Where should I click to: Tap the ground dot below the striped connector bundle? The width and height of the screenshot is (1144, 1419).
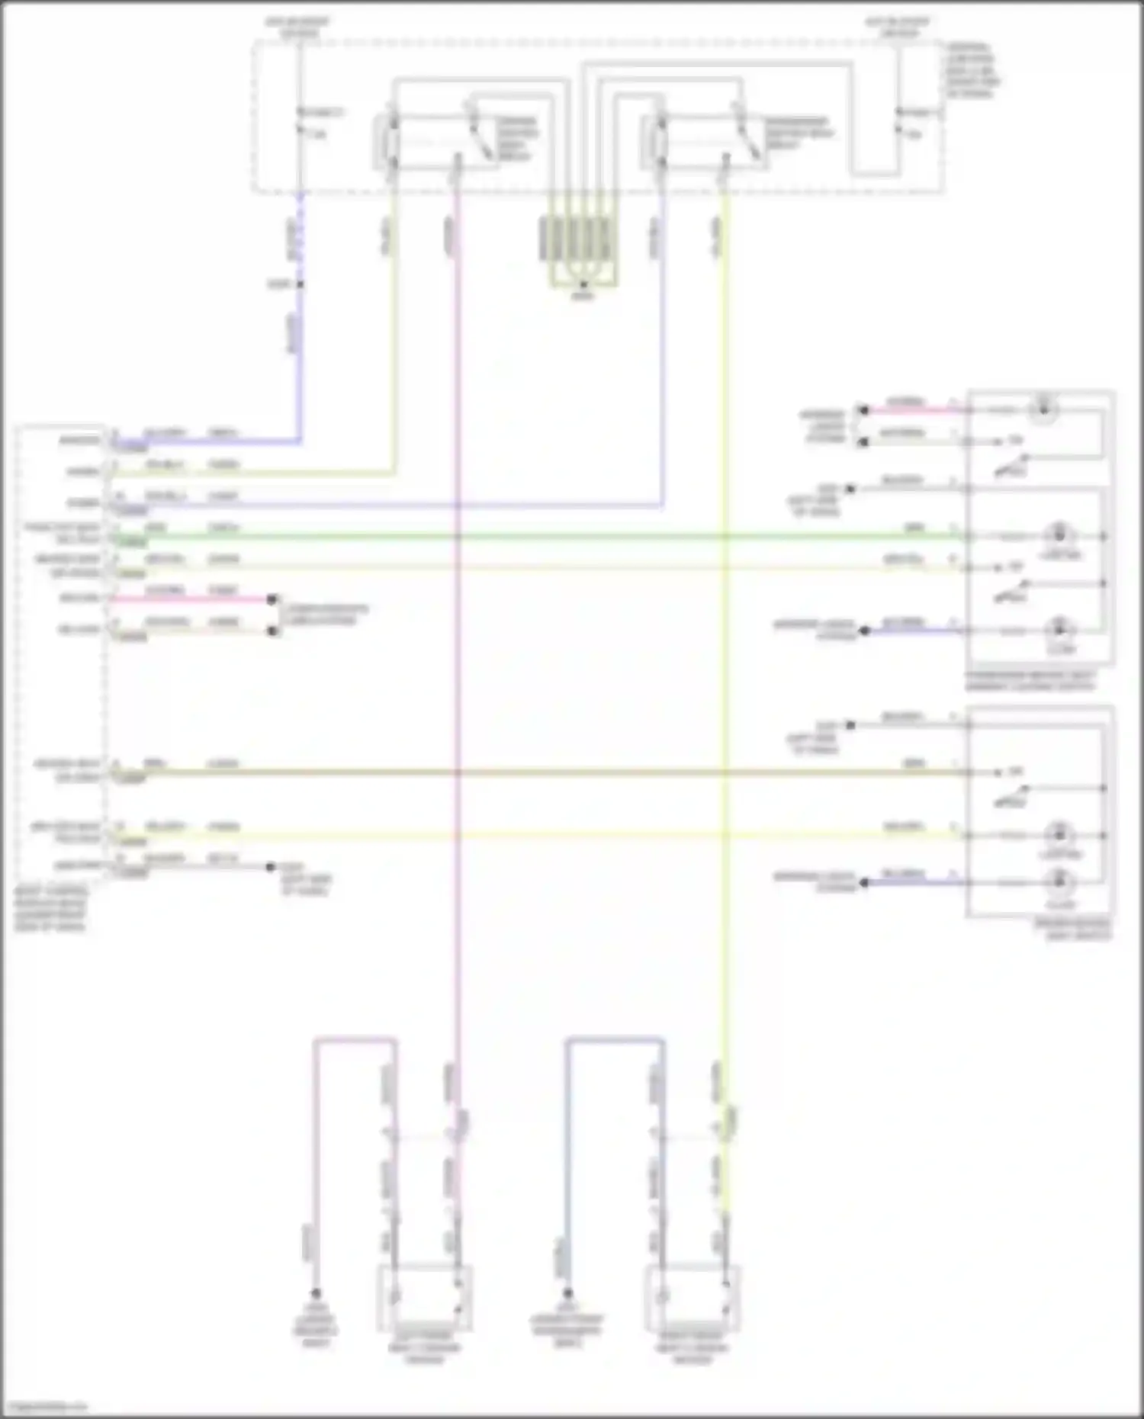(x=583, y=285)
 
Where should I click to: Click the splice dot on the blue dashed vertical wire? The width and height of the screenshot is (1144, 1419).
(x=300, y=284)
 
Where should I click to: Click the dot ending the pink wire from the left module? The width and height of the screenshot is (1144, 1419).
(x=272, y=599)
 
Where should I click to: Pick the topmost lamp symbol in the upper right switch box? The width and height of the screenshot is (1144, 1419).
(x=1046, y=409)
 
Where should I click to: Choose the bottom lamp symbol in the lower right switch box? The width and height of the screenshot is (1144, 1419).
(x=1059, y=883)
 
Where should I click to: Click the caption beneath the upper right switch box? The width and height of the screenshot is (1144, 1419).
(x=1030, y=682)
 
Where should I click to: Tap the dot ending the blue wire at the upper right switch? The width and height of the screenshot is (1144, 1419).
(x=865, y=631)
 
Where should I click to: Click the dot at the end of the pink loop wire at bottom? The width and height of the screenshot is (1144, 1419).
(x=315, y=1293)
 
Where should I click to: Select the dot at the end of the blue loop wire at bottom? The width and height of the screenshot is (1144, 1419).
(x=567, y=1293)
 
